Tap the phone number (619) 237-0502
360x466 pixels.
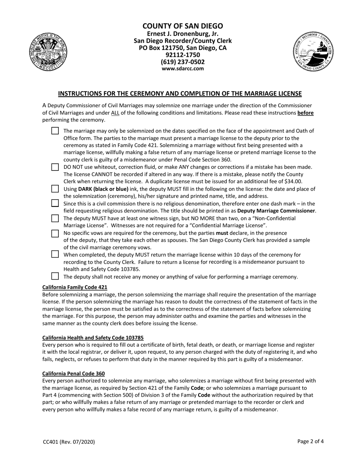point(183,62)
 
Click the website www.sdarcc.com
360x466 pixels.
point(183,69)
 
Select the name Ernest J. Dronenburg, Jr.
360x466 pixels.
point(183,34)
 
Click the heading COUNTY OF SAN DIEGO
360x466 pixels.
point(183,26)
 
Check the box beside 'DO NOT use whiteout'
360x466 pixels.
point(55,167)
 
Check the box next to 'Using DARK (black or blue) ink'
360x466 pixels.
point(55,189)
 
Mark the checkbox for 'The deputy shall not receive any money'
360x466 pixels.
point(55,276)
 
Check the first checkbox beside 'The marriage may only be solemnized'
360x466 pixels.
point(55,131)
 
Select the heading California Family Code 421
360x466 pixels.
point(75,287)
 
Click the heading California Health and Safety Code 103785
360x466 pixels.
point(93,338)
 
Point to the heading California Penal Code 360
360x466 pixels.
point(74,373)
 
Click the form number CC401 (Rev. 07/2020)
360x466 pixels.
point(69,441)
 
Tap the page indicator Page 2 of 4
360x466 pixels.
point(310,441)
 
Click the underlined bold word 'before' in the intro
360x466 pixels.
point(305,113)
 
